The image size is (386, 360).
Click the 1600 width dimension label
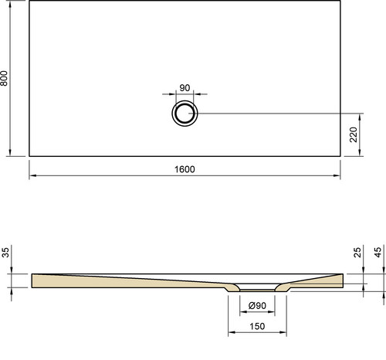click(x=185, y=169)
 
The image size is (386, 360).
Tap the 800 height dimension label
click(x=5, y=78)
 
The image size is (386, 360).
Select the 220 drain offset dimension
click(x=354, y=134)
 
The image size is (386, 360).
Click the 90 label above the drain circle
click(x=185, y=88)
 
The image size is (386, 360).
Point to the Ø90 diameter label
click(x=257, y=306)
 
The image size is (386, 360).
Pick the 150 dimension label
click(x=257, y=327)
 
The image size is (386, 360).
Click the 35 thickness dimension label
click(x=5, y=253)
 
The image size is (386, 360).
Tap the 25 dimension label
click(x=357, y=253)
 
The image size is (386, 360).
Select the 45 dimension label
click(x=378, y=253)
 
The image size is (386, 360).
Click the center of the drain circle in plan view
click(x=185, y=114)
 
